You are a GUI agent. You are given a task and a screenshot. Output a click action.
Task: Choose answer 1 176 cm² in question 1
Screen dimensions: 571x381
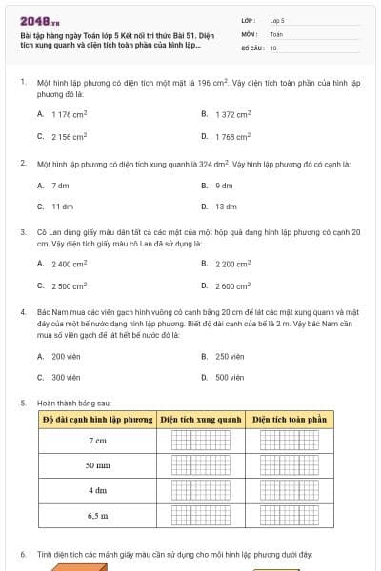click(69, 114)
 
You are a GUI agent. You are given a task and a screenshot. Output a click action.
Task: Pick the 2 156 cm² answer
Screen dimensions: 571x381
click(69, 137)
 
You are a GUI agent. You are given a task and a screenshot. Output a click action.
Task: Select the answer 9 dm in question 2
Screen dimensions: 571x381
click(224, 186)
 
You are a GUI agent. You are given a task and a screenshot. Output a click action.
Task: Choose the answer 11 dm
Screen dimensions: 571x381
click(62, 207)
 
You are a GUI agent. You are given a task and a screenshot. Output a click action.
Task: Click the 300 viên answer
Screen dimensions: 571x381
click(66, 378)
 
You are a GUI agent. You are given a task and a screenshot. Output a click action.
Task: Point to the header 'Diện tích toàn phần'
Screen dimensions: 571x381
click(289, 419)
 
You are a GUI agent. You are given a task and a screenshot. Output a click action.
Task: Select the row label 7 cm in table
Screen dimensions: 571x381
click(97, 441)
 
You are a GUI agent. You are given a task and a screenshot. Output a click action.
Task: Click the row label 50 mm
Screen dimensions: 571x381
click(97, 465)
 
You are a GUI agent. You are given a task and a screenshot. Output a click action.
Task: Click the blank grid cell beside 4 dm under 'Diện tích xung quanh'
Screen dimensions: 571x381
click(200, 490)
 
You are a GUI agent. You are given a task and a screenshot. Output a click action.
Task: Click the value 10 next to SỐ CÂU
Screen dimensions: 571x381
click(274, 48)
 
